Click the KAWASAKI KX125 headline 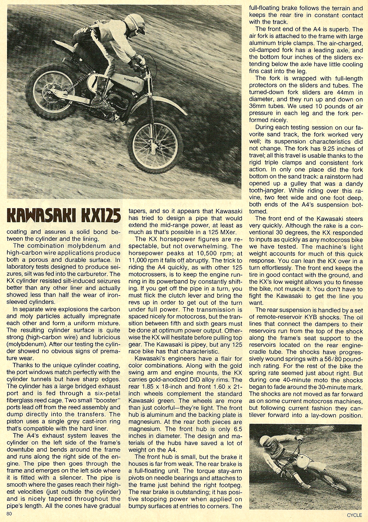tap(62, 217)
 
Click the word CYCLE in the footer tap(354, 515)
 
